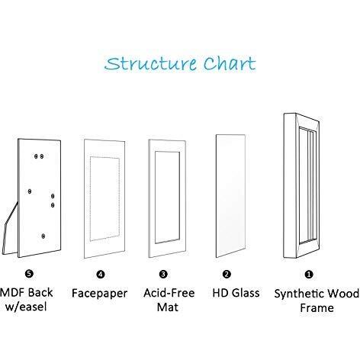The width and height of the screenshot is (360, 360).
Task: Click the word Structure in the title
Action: click(150, 63)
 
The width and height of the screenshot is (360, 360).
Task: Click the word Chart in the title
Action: click(230, 63)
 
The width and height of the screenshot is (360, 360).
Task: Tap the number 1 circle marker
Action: click(309, 275)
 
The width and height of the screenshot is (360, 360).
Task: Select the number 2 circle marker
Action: click(227, 274)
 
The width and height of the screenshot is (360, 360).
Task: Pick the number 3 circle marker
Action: click(163, 274)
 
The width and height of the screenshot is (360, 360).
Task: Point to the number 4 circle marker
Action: click(101, 275)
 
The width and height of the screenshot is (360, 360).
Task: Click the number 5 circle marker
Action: click(29, 274)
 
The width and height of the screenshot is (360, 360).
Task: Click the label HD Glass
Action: click(236, 293)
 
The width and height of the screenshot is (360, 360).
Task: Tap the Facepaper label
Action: click(99, 294)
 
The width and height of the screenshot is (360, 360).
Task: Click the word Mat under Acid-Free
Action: click(168, 307)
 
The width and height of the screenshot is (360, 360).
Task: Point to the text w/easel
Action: click(26, 307)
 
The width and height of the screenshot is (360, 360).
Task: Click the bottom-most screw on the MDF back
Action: click(43, 236)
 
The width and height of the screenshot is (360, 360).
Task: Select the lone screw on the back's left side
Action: click(30, 191)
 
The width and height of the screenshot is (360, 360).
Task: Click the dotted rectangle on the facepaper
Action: click(90, 198)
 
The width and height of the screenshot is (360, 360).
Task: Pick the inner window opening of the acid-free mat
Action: click(167, 198)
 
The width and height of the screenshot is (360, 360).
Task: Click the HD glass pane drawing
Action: click(230, 196)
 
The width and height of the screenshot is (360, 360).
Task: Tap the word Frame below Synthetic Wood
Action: click(317, 308)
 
